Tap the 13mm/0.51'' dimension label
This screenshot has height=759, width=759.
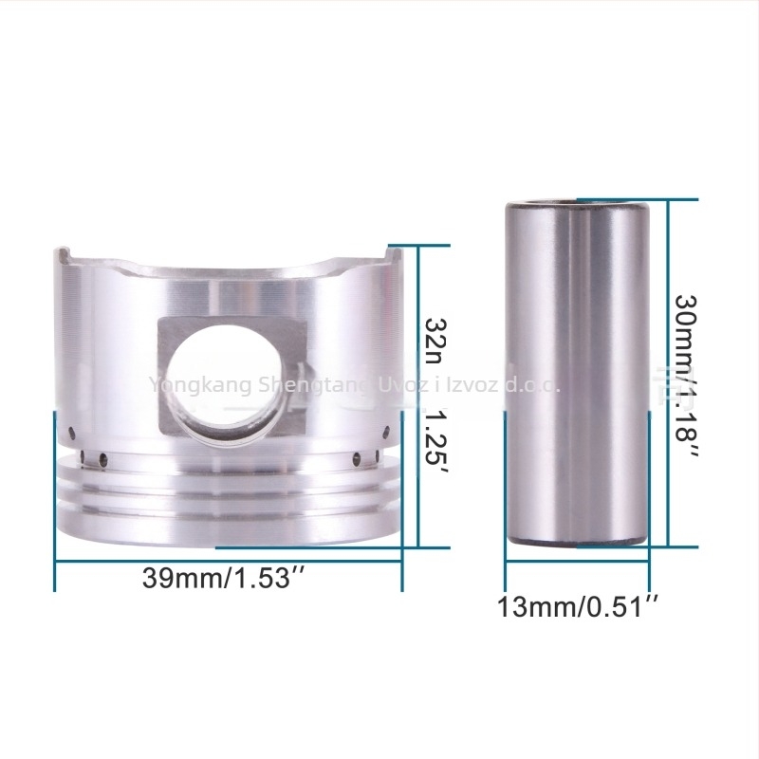578,605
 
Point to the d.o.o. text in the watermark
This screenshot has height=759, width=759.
532,385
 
